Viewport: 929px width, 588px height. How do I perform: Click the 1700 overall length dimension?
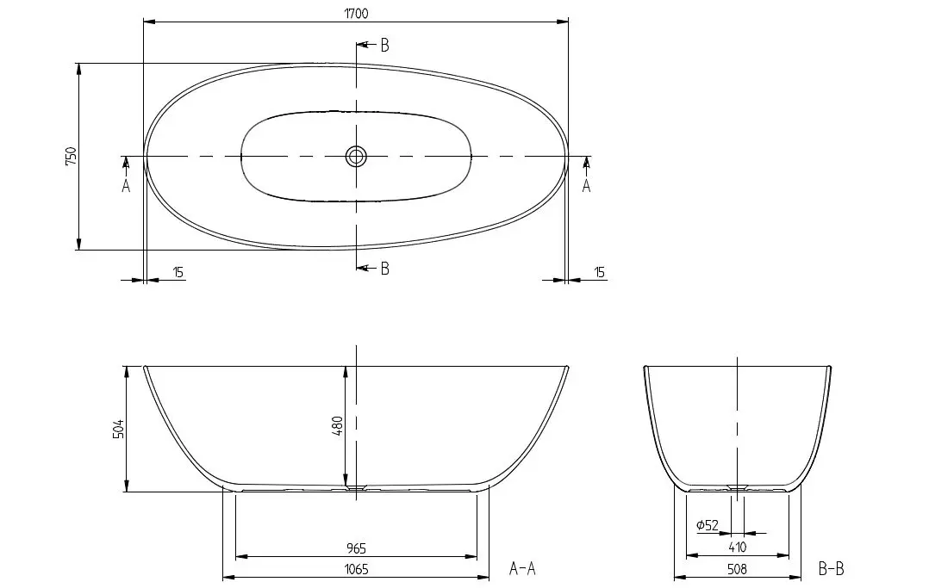(x=356, y=13)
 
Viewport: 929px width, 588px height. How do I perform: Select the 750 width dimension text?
(x=71, y=156)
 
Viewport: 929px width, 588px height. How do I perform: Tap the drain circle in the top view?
(x=356, y=157)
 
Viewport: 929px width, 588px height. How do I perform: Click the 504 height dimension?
(x=119, y=429)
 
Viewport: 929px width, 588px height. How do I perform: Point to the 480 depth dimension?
(x=337, y=426)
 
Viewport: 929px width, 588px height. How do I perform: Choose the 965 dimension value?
(x=356, y=548)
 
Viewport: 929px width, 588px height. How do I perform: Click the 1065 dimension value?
(x=356, y=569)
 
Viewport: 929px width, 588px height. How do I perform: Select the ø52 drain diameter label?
(x=708, y=524)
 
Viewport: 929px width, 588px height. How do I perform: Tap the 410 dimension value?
(x=737, y=548)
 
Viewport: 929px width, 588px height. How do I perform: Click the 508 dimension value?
(x=737, y=569)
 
